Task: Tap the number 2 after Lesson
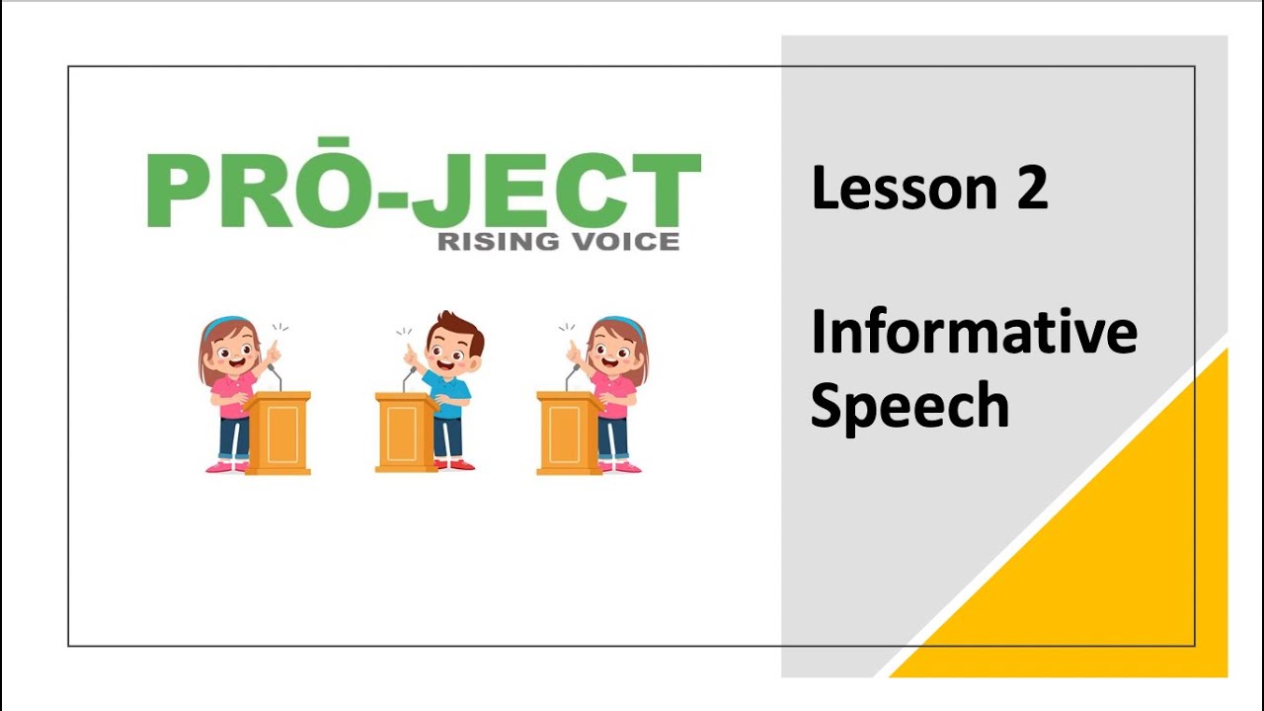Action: [1029, 188]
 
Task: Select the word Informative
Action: [973, 333]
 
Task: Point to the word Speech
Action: [909, 404]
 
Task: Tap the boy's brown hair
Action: [458, 329]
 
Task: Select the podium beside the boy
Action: [405, 432]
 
